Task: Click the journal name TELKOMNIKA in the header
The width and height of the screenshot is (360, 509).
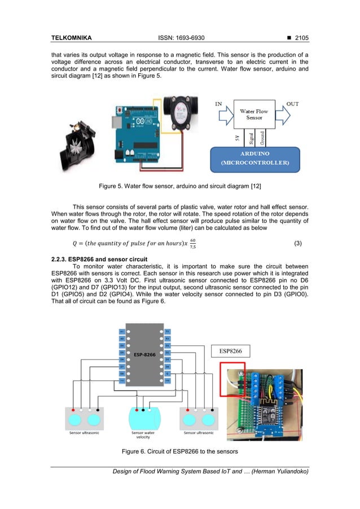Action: (x=71, y=38)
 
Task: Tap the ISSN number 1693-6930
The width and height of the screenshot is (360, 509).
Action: (x=182, y=38)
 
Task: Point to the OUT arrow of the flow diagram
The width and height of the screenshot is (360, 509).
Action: (x=291, y=115)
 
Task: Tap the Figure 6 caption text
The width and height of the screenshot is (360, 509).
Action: (x=179, y=451)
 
